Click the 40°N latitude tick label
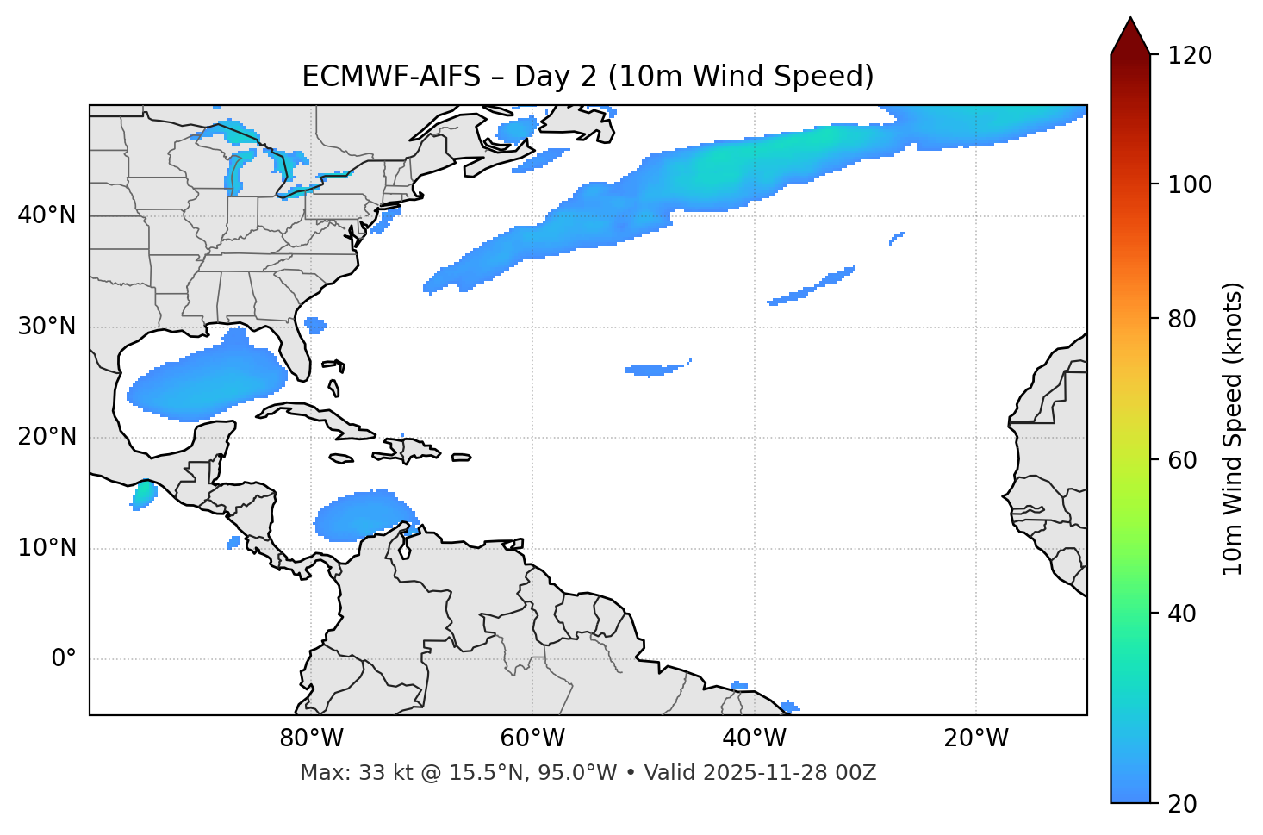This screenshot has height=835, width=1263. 47,215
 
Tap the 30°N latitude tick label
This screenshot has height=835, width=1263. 47,327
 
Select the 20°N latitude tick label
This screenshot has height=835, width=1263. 47,438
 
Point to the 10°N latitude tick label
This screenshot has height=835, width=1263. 47,548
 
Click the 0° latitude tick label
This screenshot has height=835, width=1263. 63,659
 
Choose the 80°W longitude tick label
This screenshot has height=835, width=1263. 311,738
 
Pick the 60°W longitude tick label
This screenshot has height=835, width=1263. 532,738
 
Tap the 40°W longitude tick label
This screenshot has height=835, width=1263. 755,738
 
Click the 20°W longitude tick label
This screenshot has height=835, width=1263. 976,738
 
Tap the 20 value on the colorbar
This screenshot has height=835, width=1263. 1181,804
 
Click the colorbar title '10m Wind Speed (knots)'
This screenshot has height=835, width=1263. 1233,428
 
